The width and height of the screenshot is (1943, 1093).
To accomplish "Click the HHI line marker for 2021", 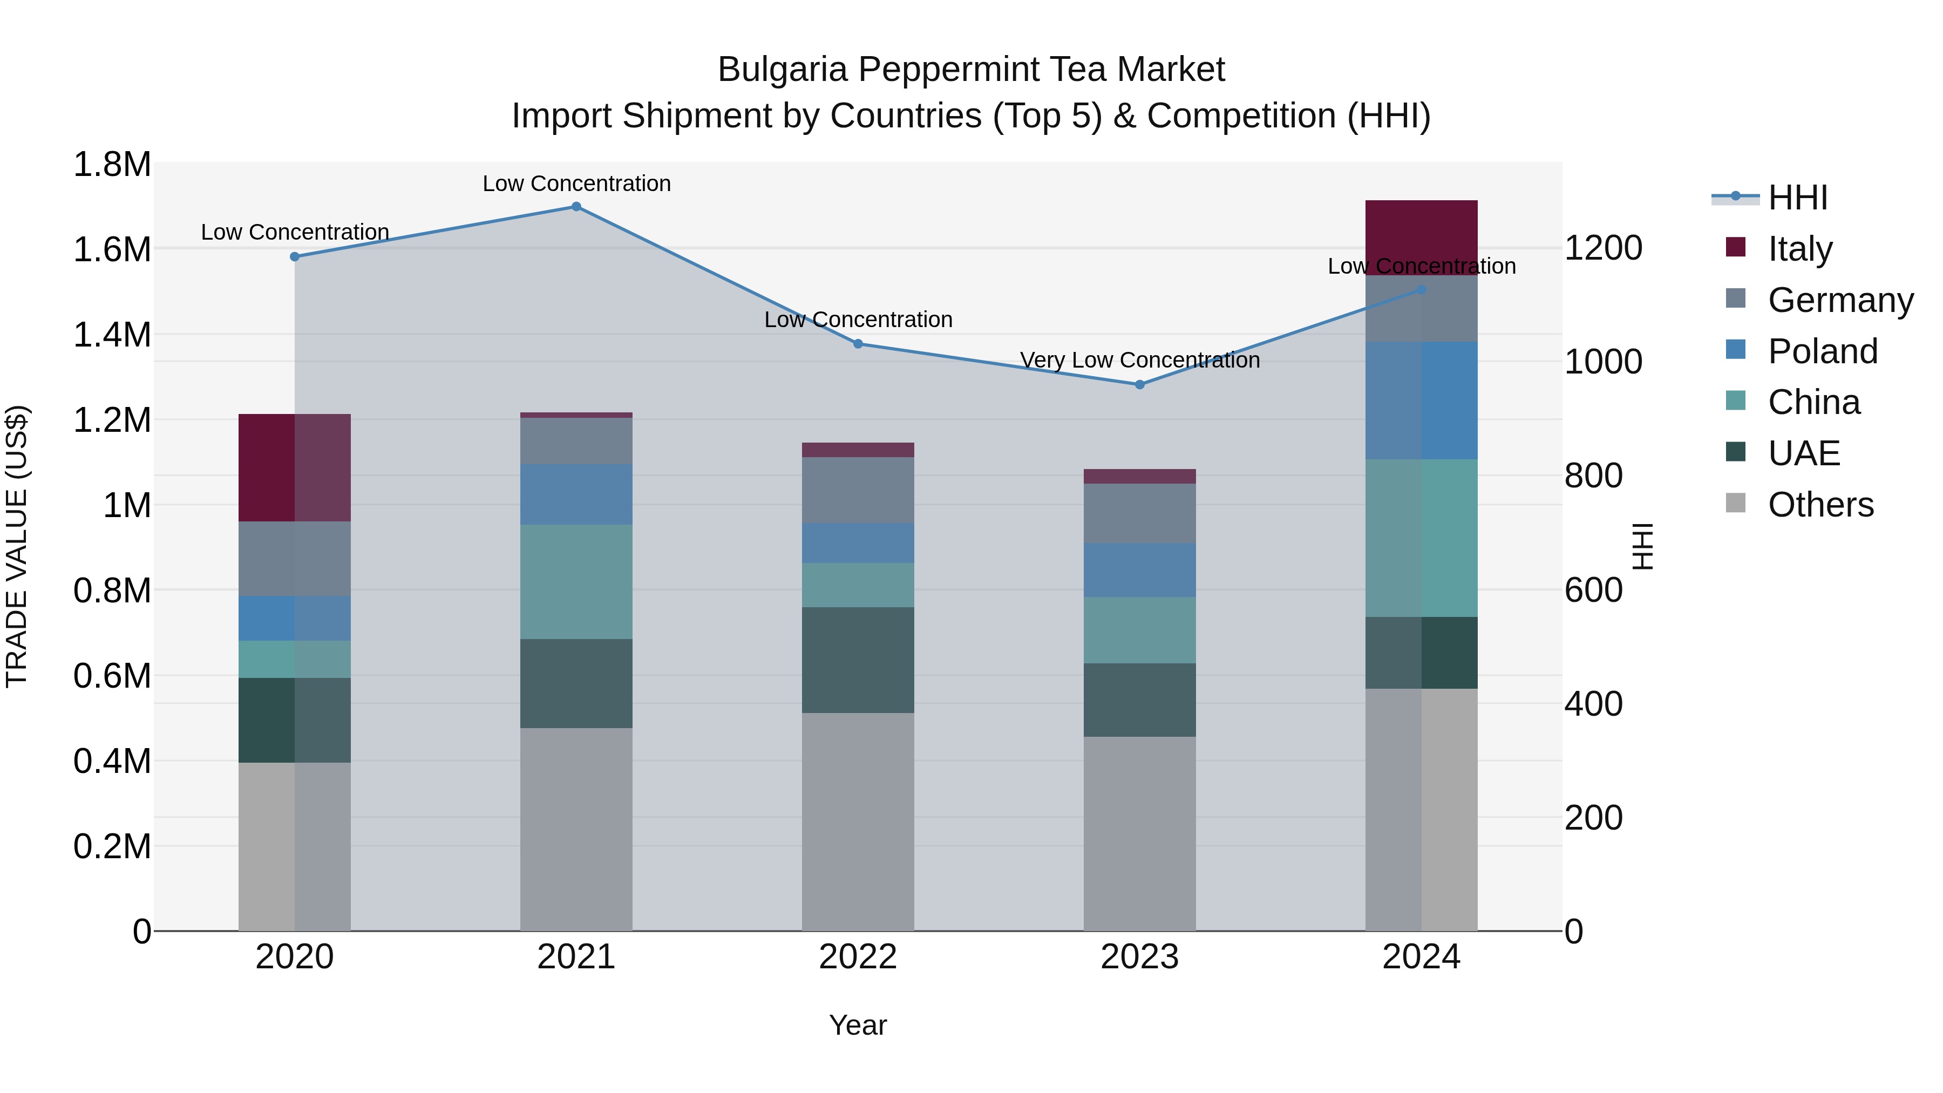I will (576, 207).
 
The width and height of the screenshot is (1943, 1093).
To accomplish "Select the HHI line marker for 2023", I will (1140, 385).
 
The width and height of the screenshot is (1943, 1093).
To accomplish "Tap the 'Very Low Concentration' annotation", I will (1140, 361).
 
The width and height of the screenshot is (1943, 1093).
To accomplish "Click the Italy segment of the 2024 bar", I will (1421, 237).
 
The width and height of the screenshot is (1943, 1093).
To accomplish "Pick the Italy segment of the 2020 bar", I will (294, 467).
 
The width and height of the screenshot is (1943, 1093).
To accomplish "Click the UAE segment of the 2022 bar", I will (858, 660).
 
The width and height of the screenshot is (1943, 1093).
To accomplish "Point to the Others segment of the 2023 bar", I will (1140, 833).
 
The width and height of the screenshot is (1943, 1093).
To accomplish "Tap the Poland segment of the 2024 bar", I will (1421, 400).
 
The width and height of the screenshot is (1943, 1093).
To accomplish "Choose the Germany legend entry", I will (1840, 300).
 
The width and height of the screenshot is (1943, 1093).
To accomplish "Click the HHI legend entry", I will (1797, 198).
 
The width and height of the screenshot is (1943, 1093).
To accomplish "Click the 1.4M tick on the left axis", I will (112, 335).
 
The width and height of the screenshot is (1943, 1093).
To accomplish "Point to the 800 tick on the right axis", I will (1593, 476).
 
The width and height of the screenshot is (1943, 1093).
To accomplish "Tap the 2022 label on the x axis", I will (858, 957).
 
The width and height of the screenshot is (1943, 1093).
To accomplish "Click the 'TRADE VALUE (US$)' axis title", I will (17, 546).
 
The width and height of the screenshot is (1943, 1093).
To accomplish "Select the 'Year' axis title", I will (858, 1025).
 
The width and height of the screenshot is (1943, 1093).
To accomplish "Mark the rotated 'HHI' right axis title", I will (1642, 546).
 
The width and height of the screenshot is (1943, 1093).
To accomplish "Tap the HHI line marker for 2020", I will (295, 256).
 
